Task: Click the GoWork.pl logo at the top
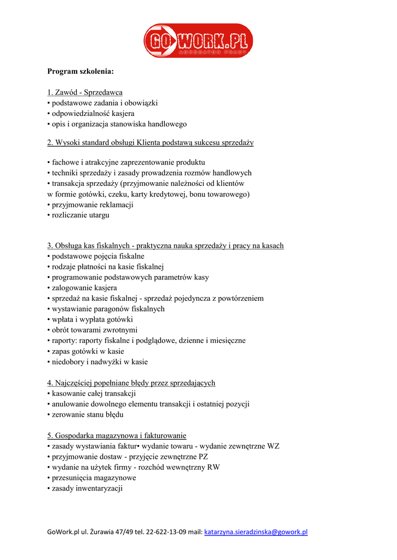point(198,40)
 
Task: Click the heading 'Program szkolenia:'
point(80,72)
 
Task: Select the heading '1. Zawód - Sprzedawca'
point(85,92)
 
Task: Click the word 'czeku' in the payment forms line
point(116,194)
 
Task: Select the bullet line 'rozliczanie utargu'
point(80,215)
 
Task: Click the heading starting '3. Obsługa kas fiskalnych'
point(165,246)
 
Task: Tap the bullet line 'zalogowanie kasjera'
point(84,288)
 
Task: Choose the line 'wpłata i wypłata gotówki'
point(92,319)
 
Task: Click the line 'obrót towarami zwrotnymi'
point(94,330)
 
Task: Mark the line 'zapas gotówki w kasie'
point(88,351)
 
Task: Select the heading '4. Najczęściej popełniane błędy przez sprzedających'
point(131,383)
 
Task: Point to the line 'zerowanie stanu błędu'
point(87,415)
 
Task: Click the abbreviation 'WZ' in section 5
point(273,446)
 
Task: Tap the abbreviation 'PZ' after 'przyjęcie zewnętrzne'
point(203,457)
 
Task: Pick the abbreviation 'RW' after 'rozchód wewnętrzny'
point(214,467)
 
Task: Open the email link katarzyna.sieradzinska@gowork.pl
point(256,532)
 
